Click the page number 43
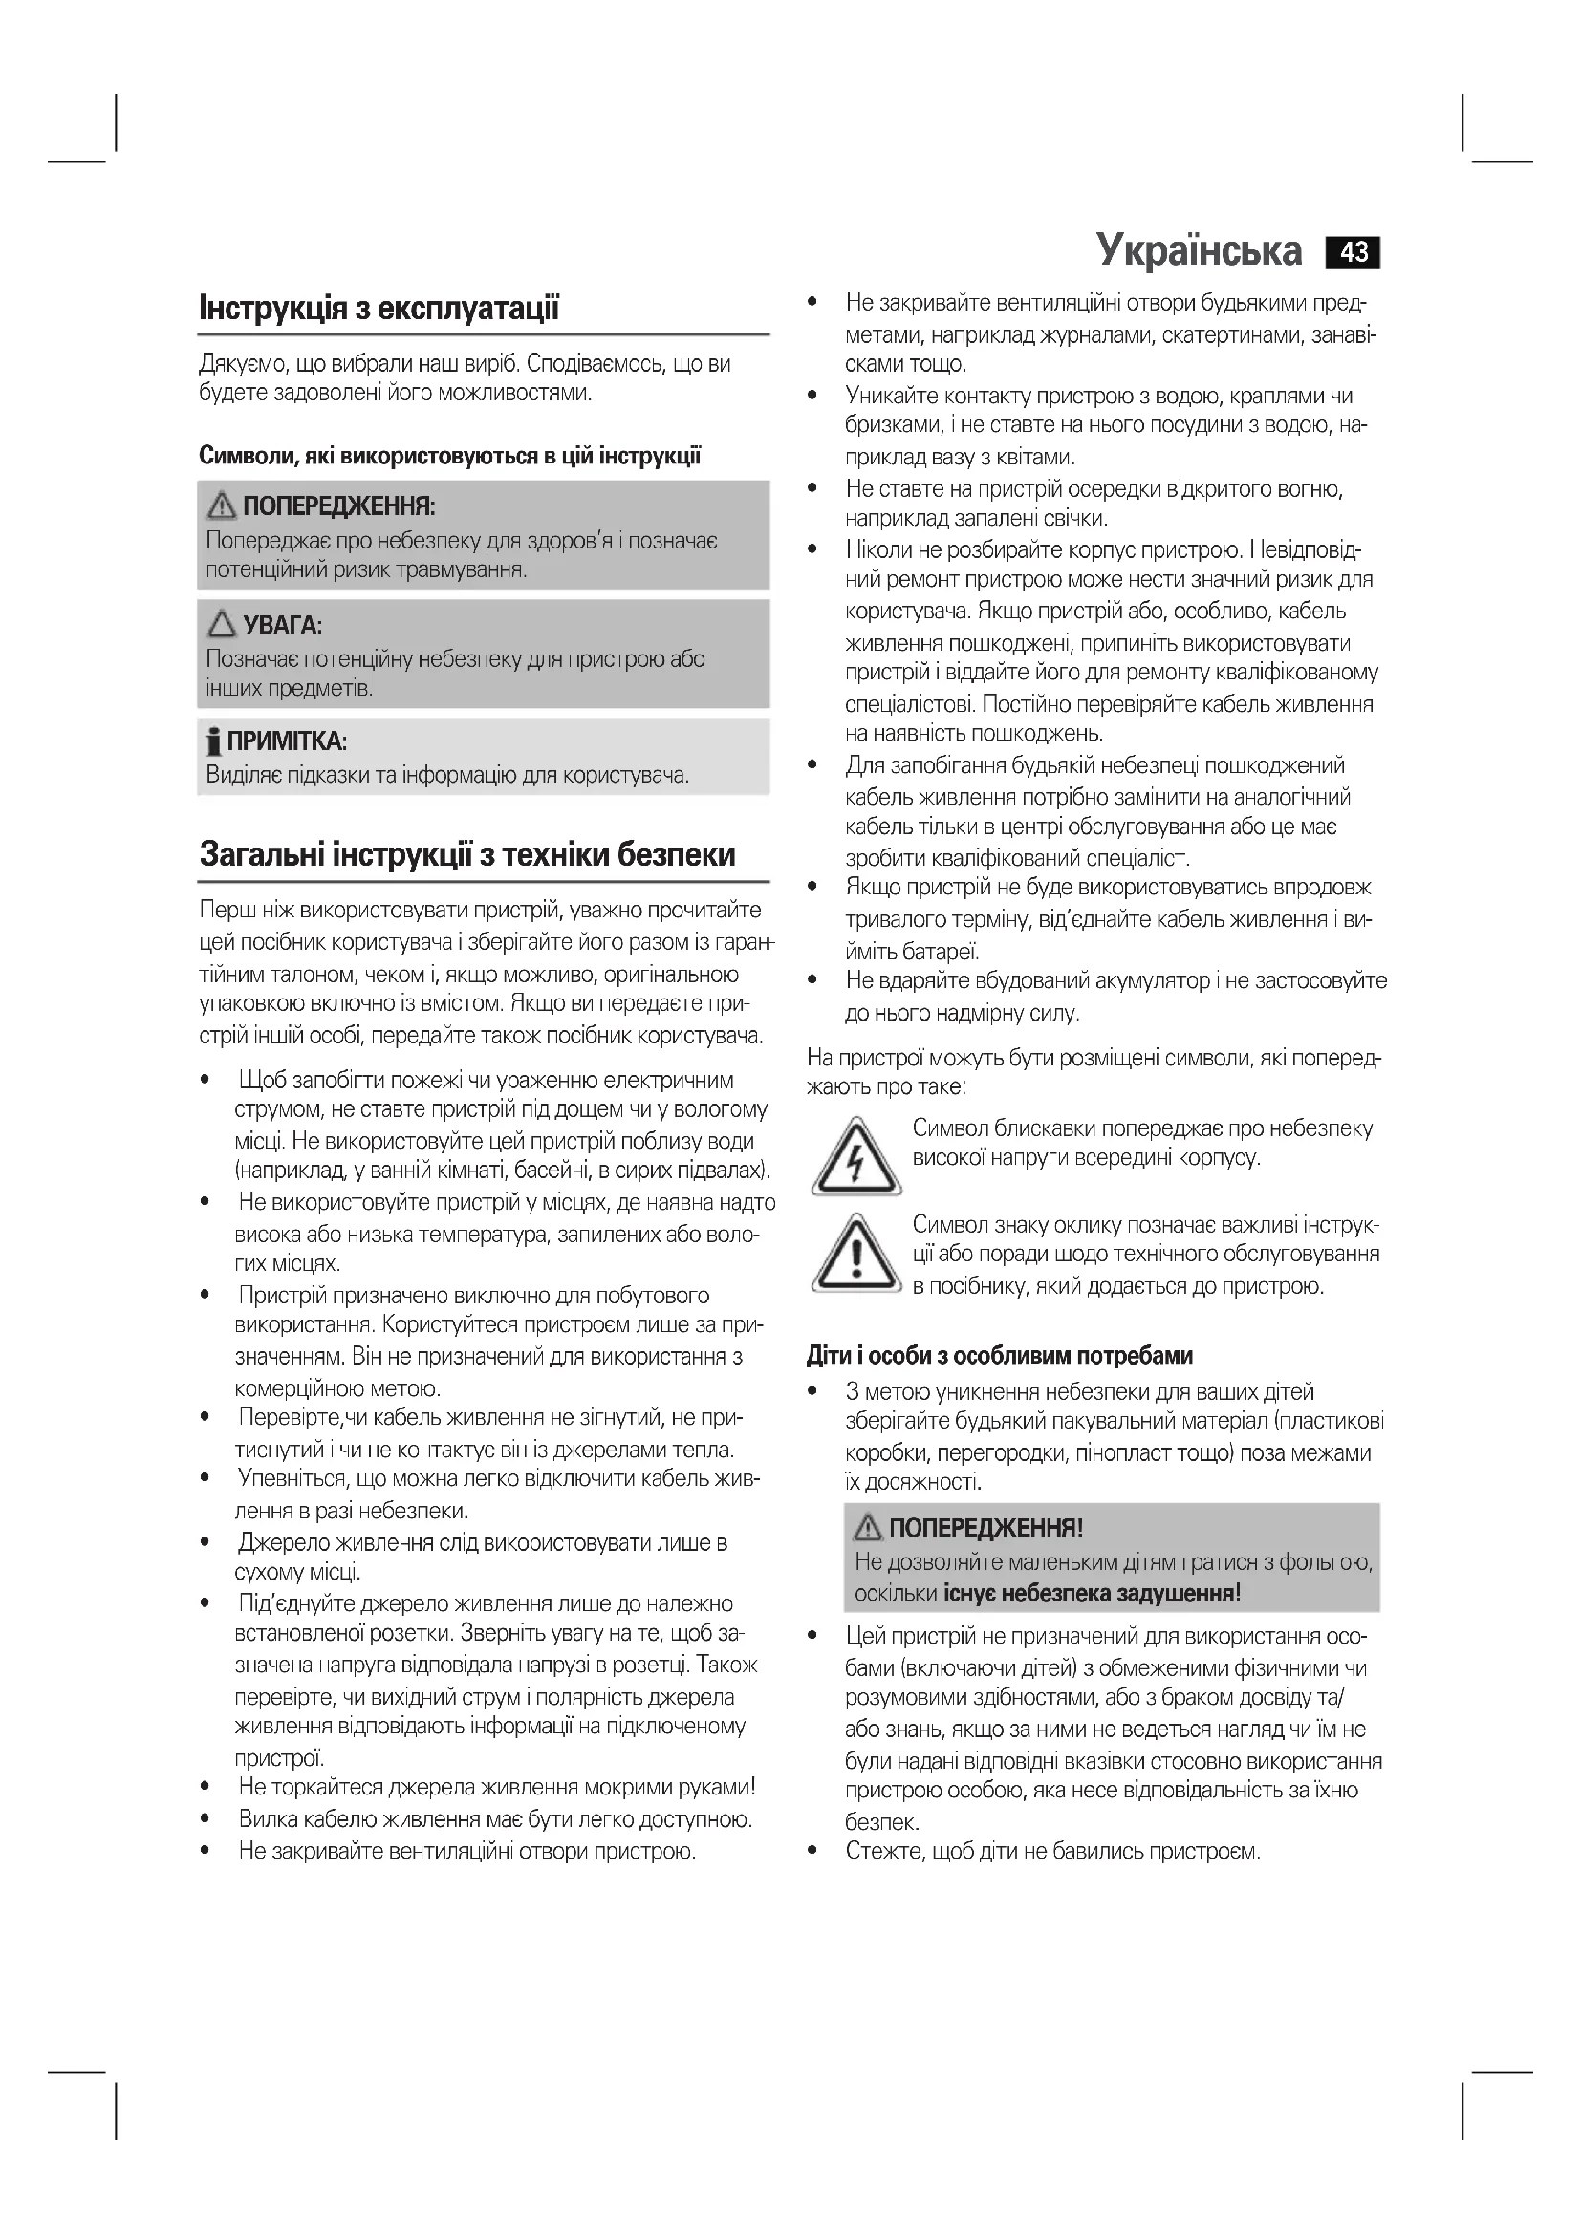[1354, 252]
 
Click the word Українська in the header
[1199, 250]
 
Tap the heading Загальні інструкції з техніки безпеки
[467, 854]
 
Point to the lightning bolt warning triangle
[855, 1158]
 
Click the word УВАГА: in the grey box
[282, 624]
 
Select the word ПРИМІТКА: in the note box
[287, 741]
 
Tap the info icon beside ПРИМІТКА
[213, 742]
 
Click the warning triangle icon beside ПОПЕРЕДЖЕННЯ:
[222, 505]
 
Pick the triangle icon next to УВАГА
[222, 623]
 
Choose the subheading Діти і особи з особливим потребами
[1000, 1356]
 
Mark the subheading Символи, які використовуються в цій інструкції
[450, 456]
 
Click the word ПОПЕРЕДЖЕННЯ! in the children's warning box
[985, 1528]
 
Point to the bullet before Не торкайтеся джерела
[205, 1787]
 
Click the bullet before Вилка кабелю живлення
[205, 1819]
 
